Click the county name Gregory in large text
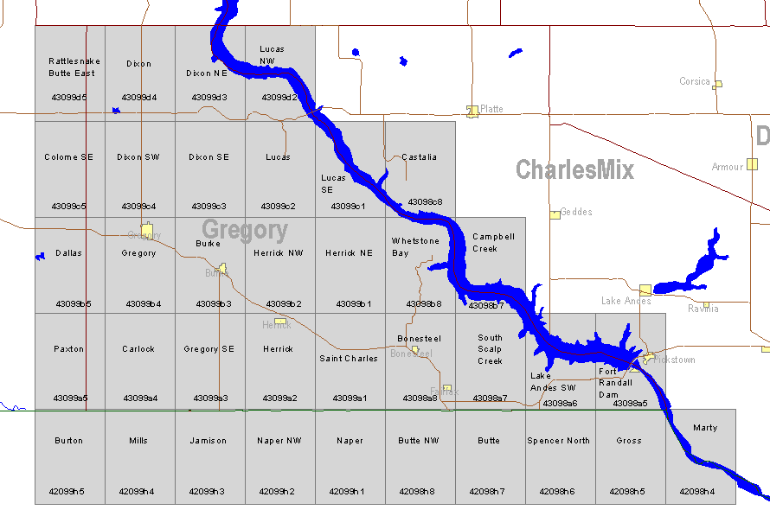(x=245, y=230)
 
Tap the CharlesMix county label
(x=574, y=169)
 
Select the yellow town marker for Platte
(x=472, y=111)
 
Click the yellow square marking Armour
(x=753, y=163)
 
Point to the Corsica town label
(x=694, y=82)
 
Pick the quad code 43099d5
(x=69, y=98)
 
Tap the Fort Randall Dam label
(x=615, y=383)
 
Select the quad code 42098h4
(x=697, y=492)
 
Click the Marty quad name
(x=705, y=428)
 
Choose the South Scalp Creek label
(x=490, y=349)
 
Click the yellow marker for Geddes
(x=555, y=214)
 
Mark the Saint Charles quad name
(x=349, y=359)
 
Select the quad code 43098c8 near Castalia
(x=425, y=202)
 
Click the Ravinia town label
(x=703, y=309)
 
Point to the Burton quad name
(x=69, y=441)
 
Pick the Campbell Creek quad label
(x=493, y=243)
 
